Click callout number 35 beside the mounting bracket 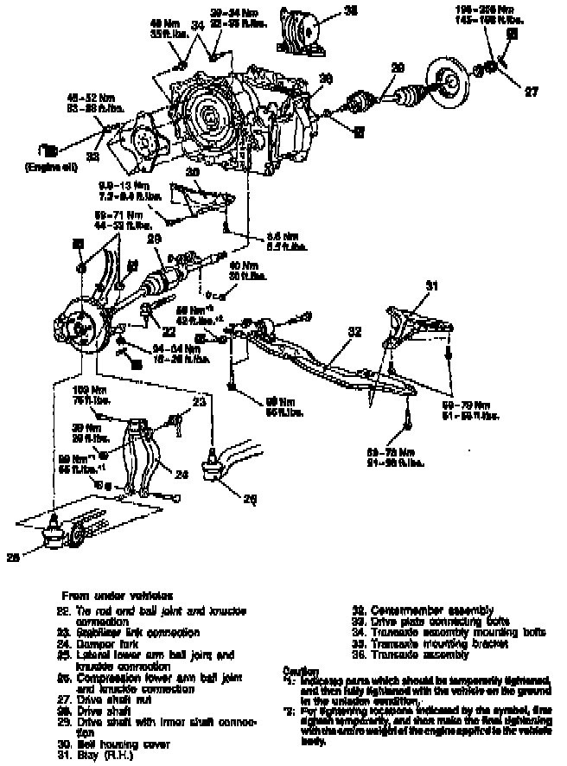coord(326,12)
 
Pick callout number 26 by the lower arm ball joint coord(252,498)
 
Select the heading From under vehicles coord(118,596)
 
